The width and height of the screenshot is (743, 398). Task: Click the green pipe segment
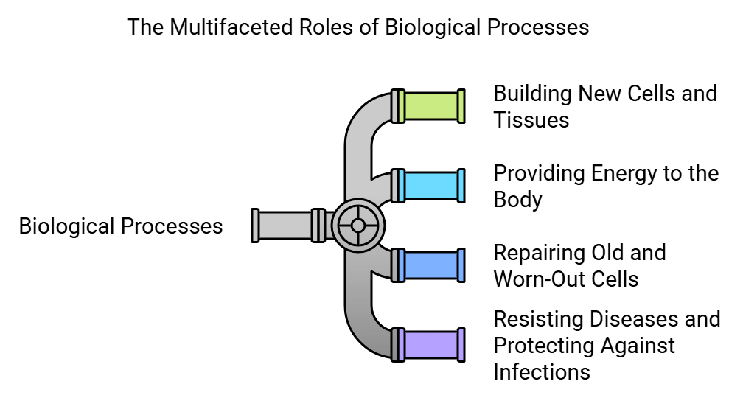tap(432, 106)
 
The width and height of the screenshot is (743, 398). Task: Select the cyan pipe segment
tap(432, 186)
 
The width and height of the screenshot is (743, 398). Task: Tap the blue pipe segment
tap(432, 265)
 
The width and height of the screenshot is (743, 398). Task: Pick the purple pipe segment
tap(432, 344)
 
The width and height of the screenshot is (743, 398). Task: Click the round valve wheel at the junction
tap(357, 225)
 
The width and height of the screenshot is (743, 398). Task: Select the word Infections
tap(542, 371)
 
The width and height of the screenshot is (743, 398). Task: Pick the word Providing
tap(539, 173)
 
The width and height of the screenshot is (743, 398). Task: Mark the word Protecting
tap(547, 346)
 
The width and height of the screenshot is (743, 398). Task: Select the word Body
tap(517, 200)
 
